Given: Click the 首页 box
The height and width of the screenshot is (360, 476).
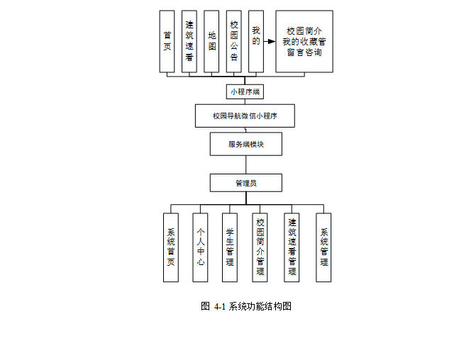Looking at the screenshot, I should (x=167, y=41).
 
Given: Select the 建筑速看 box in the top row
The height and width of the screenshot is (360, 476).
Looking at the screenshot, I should (x=189, y=41).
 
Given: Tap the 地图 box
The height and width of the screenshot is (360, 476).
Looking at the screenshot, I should (x=211, y=41).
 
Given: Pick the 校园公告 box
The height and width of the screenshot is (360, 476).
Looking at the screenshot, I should (x=234, y=41).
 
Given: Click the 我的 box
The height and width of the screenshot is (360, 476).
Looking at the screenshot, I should (x=256, y=41).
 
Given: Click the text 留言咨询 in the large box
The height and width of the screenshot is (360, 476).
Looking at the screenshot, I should (x=304, y=52).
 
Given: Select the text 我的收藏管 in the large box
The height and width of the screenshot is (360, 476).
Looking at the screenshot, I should (x=304, y=42).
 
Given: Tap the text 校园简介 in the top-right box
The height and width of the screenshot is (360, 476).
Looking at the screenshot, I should (x=304, y=31).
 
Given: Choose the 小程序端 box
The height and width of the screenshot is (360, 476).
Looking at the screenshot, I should (x=245, y=91).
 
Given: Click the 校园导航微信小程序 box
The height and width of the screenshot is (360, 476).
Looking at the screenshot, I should (x=245, y=116).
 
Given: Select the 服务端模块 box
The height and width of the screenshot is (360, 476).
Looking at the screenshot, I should (x=245, y=144).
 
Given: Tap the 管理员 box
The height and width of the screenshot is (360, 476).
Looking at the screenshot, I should (x=245, y=183).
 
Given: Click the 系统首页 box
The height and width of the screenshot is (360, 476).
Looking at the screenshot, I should (x=171, y=247).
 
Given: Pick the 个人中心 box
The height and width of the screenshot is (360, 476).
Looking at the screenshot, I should (x=201, y=247).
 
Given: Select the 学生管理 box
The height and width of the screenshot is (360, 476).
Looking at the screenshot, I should (x=230, y=247).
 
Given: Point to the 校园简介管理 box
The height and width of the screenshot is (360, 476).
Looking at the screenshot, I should (x=260, y=247).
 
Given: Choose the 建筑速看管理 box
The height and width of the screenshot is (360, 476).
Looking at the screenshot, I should (x=292, y=247).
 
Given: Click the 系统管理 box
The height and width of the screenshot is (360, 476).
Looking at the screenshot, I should (x=323, y=247).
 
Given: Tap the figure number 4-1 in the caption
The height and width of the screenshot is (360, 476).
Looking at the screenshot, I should (x=218, y=307).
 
